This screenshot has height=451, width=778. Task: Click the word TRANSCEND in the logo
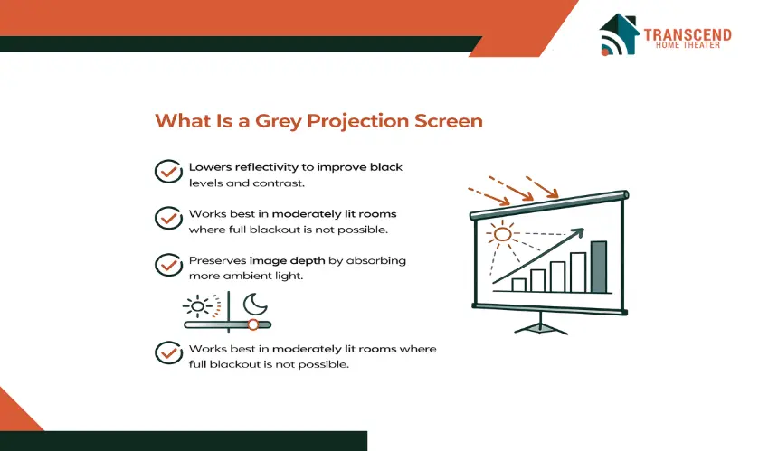[x=688, y=34]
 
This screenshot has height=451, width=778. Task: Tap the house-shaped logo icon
[x=618, y=34]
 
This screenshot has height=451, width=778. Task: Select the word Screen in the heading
[x=449, y=121]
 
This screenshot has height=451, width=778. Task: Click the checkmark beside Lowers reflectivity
[x=168, y=172]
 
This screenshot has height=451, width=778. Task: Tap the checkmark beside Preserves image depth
[x=168, y=265]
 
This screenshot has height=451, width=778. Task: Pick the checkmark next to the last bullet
[x=168, y=352]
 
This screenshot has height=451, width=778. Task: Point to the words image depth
[x=288, y=260]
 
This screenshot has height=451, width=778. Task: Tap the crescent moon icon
[x=255, y=304]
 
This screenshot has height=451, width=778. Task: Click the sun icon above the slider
[x=198, y=306]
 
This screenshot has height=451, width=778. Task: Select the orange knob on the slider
[x=253, y=324]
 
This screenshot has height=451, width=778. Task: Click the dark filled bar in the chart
[x=599, y=267]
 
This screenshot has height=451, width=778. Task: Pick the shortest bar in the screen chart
[x=518, y=285]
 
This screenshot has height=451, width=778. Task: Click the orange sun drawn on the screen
[x=502, y=234]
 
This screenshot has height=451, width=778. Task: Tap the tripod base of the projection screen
[x=541, y=326]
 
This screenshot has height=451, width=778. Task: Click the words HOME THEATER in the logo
[x=688, y=45]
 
